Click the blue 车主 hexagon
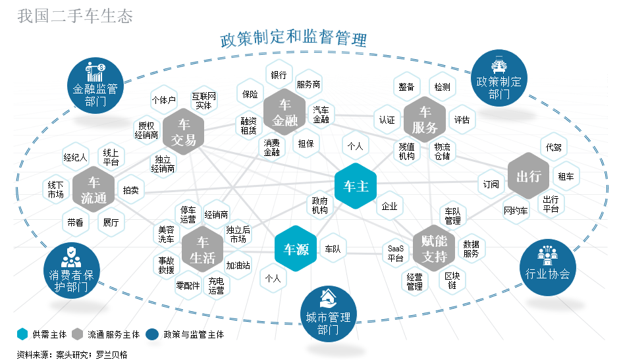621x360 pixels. (x=356, y=187)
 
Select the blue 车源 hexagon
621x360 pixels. (x=296, y=249)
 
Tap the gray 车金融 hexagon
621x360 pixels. (x=284, y=113)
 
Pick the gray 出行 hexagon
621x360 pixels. (x=529, y=176)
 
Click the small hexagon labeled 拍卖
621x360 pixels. (x=130, y=190)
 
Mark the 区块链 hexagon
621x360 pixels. (x=452, y=280)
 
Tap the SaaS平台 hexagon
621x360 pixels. (x=395, y=253)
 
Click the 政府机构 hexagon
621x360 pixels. (x=319, y=205)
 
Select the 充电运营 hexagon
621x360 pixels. (x=216, y=286)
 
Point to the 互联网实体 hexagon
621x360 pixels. (x=204, y=101)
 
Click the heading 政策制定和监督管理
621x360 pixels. (x=293, y=39)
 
